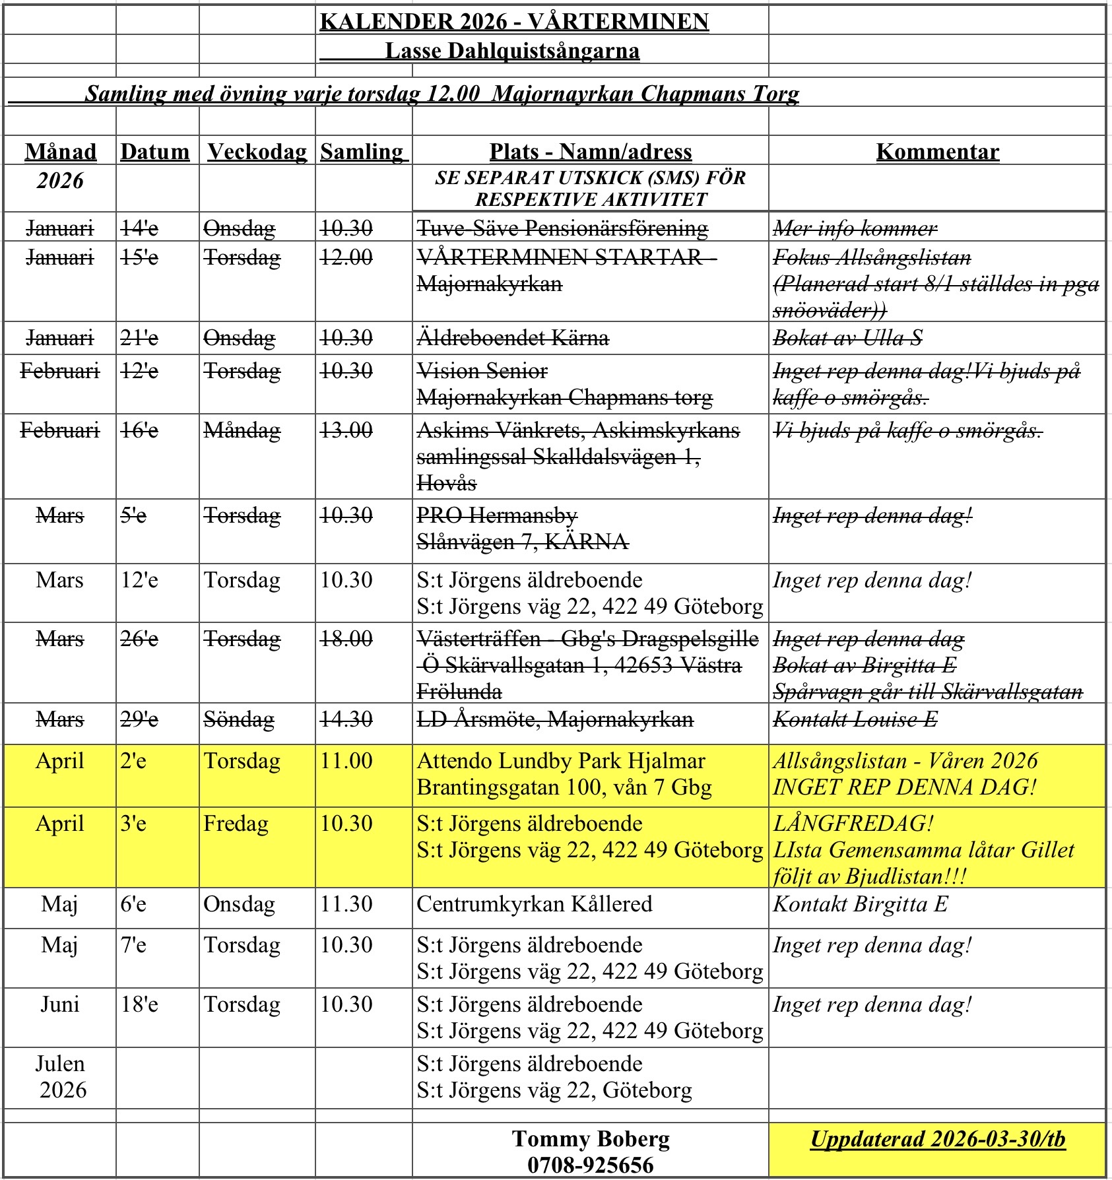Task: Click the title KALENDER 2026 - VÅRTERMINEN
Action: (x=514, y=21)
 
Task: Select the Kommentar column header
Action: (x=937, y=151)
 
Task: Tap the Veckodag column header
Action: (x=257, y=151)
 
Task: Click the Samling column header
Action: (x=363, y=151)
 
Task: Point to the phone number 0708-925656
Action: (x=590, y=1165)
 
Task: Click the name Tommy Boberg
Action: (x=590, y=1138)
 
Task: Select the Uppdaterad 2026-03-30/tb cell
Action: (x=937, y=1138)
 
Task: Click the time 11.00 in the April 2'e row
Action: (x=346, y=760)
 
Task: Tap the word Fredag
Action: (x=236, y=823)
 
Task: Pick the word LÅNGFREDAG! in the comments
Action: (x=853, y=823)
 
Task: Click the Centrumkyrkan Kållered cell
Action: (x=534, y=903)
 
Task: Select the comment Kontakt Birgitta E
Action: (x=860, y=903)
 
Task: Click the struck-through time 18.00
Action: (x=346, y=638)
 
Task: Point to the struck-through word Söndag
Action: (x=239, y=719)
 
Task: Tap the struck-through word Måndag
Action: (x=242, y=430)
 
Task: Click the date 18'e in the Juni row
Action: (x=139, y=1004)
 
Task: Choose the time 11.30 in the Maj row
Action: (x=346, y=903)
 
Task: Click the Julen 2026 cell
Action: (x=60, y=1076)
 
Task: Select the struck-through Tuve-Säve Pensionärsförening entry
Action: (x=562, y=228)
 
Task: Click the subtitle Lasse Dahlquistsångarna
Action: (x=512, y=50)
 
